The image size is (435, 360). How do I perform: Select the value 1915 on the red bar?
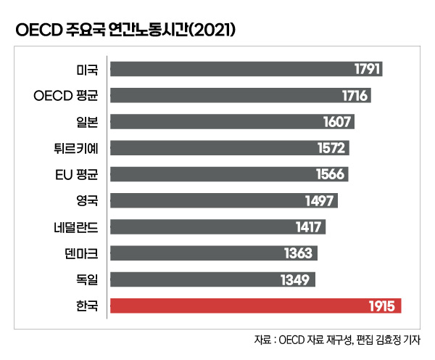[x=381, y=306]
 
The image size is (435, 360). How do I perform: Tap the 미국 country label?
[x=86, y=69]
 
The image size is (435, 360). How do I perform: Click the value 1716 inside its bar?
[x=356, y=95]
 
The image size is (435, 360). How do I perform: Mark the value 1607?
[x=338, y=121]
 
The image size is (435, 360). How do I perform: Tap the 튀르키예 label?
[x=76, y=148]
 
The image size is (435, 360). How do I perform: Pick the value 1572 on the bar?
[x=333, y=148]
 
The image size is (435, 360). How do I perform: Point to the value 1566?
[x=332, y=174]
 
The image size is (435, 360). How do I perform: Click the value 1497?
[x=320, y=201]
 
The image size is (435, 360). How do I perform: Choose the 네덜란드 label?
[x=76, y=227]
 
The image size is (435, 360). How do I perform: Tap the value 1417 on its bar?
[x=308, y=227]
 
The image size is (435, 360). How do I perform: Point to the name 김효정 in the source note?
[x=386, y=340]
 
